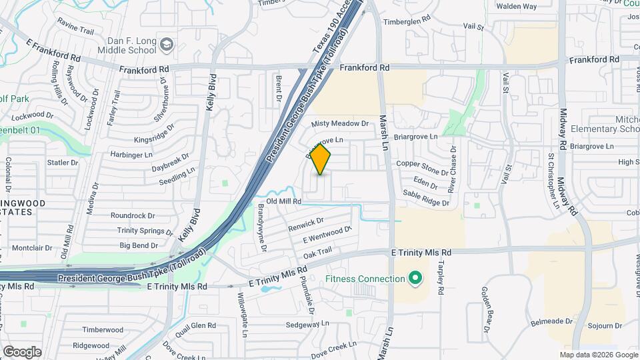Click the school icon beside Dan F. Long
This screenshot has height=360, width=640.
(167, 45)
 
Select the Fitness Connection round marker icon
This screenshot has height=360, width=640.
(415, 278)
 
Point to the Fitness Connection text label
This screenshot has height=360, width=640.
(365, 279)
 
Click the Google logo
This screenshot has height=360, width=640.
(21, 352)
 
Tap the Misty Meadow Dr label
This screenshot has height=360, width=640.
(340, 123)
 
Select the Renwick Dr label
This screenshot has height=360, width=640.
(306, 225)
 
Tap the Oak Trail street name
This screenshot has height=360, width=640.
(317, 253)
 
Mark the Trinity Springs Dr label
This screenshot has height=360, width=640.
(145, 231)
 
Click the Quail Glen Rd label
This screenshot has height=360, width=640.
(193, 325)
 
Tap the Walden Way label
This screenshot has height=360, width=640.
(517, 7)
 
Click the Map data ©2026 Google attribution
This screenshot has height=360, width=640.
(599, 355)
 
